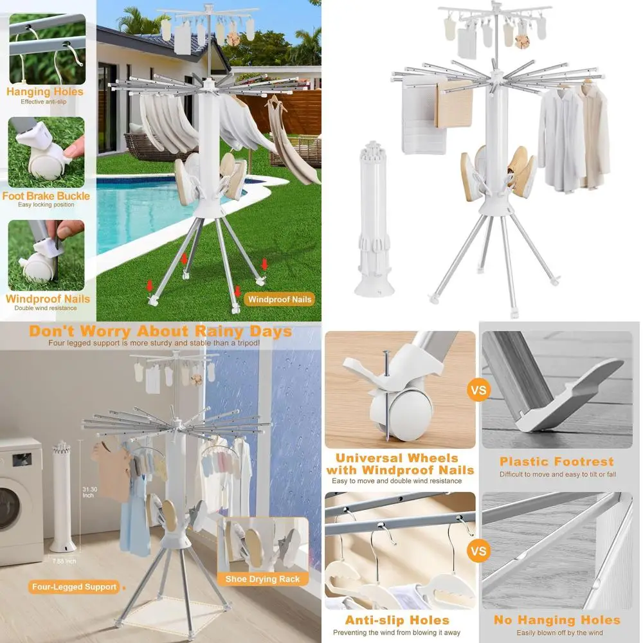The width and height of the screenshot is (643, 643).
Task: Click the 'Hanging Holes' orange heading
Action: click(45, 92)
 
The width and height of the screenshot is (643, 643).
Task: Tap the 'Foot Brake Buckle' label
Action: click(46, 196)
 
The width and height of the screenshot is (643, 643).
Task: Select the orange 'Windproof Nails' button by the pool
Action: click(280, 299)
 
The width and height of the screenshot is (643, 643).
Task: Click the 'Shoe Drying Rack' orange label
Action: click(262, 579)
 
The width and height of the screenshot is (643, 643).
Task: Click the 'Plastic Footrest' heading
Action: click(557, 462)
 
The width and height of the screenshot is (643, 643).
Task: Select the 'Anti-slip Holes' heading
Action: click(397, 620)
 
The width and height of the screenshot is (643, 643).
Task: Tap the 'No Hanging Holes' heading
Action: click(557, 620)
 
